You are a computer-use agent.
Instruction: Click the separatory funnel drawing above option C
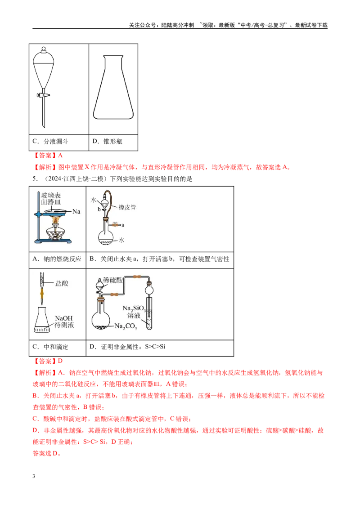43,87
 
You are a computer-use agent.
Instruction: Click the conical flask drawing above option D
113,87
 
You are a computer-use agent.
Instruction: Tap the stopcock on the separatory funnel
43,95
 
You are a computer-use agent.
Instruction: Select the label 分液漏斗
56,141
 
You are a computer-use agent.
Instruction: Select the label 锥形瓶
113,141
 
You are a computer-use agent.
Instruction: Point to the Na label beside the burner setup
76,211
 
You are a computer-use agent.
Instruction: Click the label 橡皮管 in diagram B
127,207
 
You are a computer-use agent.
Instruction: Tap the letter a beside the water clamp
123,225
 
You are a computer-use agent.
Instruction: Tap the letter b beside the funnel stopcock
99,210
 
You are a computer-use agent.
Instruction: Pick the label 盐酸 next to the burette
62,283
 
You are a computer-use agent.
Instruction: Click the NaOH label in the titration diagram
64,318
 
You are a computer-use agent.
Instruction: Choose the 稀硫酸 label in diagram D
113,280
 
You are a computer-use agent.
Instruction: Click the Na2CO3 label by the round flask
126,326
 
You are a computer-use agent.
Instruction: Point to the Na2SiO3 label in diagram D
134,308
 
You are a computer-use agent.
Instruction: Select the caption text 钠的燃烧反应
63,259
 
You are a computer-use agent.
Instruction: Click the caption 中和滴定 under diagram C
56,347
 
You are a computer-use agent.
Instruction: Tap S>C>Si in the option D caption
155,346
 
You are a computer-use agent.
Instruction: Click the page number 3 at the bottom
34,476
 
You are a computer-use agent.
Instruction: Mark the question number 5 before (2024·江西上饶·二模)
34,179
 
